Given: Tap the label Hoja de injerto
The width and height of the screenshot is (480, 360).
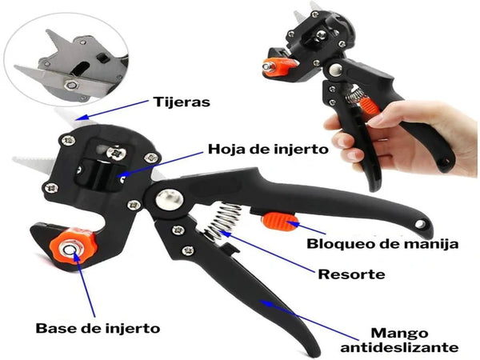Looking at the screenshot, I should point(256,149).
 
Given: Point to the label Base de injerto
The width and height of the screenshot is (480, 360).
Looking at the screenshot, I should point(98,328).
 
